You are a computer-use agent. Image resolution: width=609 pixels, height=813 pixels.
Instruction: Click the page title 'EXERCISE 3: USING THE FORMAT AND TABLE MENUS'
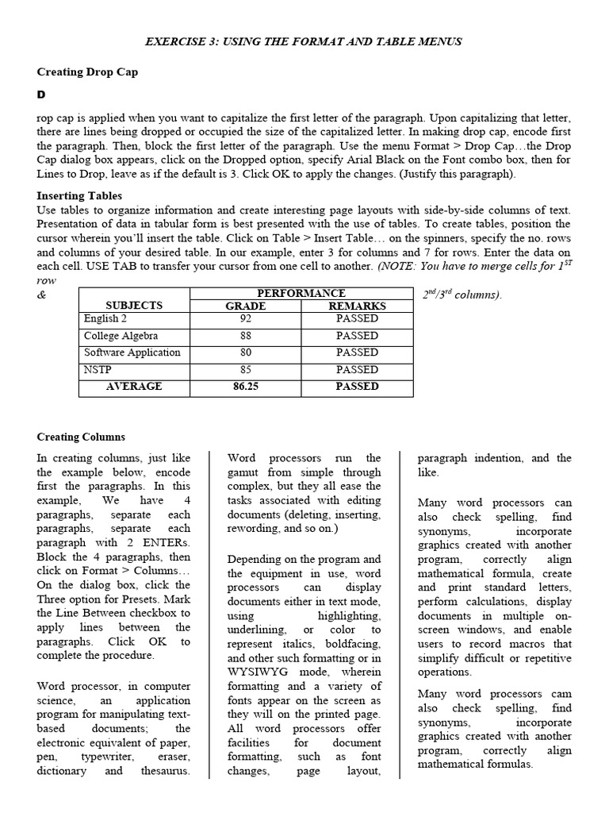(x=304, y=41)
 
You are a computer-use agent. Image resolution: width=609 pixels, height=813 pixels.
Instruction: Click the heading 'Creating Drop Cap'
(x=87, y=72)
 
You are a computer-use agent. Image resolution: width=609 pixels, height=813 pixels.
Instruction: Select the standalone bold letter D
(x=42, y=95)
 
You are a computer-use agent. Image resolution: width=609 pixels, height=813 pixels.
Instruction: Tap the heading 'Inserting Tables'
(x=79, y=195)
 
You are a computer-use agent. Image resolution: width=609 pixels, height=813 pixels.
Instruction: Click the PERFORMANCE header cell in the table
(x=301, y=294)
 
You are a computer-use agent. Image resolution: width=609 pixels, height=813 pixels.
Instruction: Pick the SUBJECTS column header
(x=134, y=306)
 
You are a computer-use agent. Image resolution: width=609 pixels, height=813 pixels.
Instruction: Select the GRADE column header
(x=245, y=306)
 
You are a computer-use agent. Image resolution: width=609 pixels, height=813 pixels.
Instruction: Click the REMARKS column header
(x=357, y=306)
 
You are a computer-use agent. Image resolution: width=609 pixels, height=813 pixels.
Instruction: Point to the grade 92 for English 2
(x=245, y=318)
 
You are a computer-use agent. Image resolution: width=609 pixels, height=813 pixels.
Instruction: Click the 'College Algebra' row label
(x=121, y=336)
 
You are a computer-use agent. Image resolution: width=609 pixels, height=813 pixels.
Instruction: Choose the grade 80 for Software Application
(x=245, y=353)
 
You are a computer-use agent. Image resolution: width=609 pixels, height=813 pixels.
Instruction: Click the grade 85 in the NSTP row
(x=245, y=370)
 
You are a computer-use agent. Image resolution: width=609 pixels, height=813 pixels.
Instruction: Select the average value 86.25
(x=246, y=387)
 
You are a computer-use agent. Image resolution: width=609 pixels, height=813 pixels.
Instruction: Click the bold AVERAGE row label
(x=134, y=387)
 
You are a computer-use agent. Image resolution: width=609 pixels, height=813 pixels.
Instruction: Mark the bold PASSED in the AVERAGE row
(x=357, y=387)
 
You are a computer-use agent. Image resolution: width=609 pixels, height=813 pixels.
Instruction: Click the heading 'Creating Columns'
(x=81, y=437)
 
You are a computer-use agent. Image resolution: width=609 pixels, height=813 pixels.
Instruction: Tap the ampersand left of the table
(x=42, y=295)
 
